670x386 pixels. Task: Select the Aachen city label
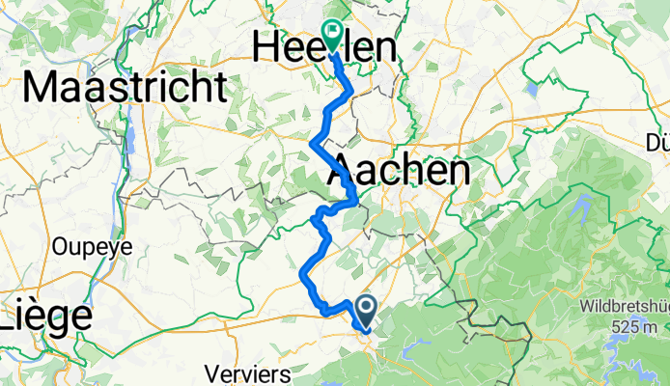[400, 172]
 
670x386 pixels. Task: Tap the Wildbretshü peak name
[625, 307]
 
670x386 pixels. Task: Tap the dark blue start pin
[367, 310]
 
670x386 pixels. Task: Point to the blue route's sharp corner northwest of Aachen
[312, 144]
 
